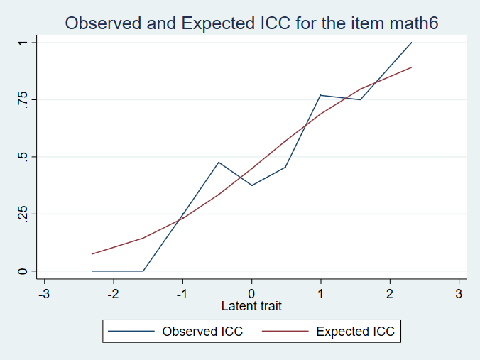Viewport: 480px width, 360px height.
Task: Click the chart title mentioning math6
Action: coord(251,23)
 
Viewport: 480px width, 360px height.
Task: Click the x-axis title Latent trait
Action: coord(251,306)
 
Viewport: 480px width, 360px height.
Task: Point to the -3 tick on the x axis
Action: coord(44,293)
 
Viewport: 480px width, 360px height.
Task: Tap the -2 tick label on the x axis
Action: coord(113,293)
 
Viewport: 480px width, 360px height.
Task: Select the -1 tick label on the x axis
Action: coord(182,293)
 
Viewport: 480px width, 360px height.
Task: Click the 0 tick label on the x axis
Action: coord(251,293)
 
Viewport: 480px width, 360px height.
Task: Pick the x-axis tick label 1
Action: coord(320,293)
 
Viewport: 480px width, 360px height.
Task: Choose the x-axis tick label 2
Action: coord(389,293)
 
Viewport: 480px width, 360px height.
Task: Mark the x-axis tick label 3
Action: coord(458,293)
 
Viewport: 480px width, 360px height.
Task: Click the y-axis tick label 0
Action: coord(23,271)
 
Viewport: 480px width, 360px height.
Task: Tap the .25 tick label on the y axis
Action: coord(23,214)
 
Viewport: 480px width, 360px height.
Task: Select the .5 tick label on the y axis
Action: coord(23,157)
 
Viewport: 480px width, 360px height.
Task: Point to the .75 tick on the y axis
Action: coord(23,99)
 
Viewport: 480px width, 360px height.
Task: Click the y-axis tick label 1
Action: coord(23,43)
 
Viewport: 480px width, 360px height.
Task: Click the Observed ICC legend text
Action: coord(202,331)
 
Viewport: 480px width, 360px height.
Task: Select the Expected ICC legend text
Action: coord(355,331)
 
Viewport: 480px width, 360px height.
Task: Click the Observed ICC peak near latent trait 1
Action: coord(320,95)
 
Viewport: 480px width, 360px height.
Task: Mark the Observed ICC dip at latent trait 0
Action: coord(251,185)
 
